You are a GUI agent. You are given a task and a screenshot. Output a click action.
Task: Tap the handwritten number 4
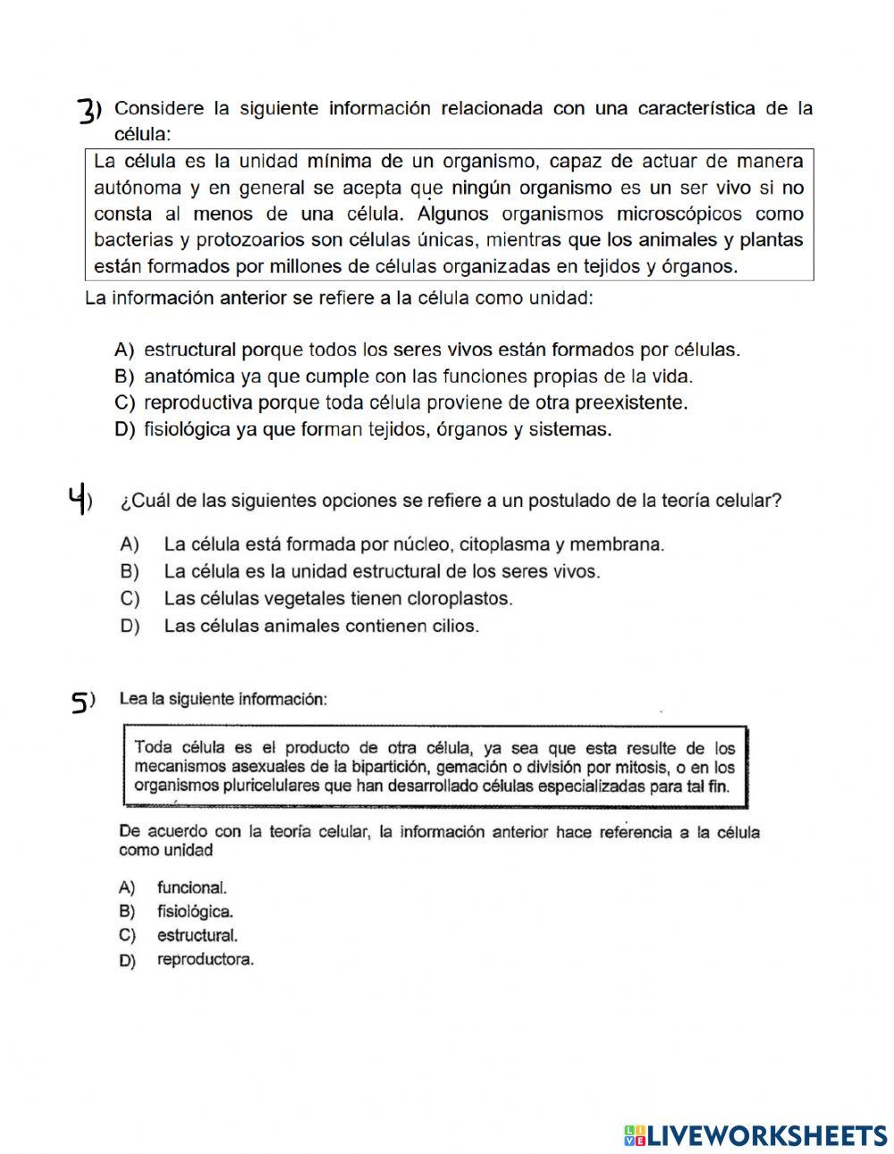[78, 500]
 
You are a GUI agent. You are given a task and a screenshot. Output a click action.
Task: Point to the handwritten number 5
[80, 703]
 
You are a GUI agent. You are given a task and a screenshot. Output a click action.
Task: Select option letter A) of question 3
[124, 350]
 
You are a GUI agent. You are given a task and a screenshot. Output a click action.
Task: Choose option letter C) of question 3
[124, 402]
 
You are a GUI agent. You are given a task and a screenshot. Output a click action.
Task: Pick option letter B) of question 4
[129, 571]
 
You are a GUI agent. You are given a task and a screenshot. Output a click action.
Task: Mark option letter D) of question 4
[129, 626]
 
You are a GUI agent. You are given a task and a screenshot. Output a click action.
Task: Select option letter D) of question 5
[126, 961]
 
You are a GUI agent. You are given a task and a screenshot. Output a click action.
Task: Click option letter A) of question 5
[126, 888]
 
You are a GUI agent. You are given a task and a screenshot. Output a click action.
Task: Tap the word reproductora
[205, 960]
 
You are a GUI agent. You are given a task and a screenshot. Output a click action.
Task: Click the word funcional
[191, 888]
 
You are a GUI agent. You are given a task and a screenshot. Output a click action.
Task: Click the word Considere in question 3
[159, 109]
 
